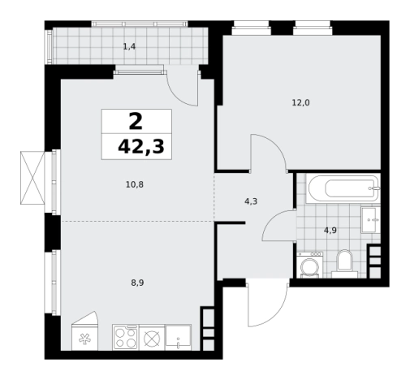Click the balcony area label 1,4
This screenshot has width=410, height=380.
tap(129, 47)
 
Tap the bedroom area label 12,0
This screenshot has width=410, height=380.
tap(300, 103)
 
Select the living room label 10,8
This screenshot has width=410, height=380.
tap(135, 185)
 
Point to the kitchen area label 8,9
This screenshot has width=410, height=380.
tap(137, 283)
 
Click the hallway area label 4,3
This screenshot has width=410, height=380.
tap(251, 201)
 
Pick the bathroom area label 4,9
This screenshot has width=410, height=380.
tap(330, 231)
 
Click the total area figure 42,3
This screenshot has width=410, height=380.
tap(141, 148)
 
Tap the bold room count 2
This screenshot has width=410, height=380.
tap(136, 122)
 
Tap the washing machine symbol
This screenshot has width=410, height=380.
tap(309, 265)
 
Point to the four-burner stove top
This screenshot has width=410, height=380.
tap(125, 337)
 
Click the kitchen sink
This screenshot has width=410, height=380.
tap(178, 337)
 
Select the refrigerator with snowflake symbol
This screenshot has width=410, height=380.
tap(84, 331)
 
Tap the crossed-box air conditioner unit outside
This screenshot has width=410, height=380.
tap(32, 178)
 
